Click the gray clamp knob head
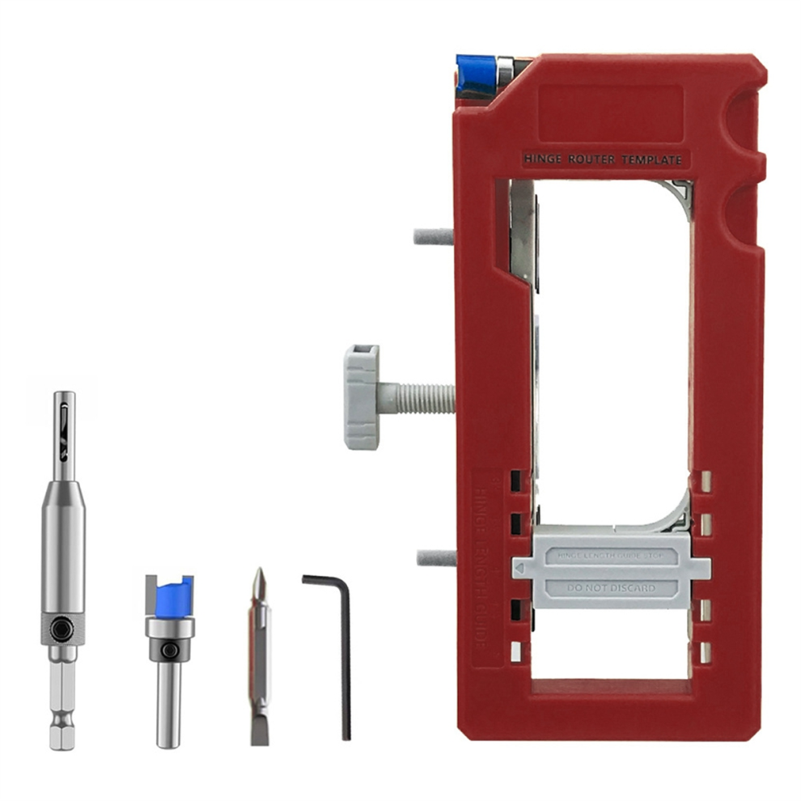[361, 396]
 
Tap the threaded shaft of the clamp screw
[417, 396]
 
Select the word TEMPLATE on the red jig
[651, 160]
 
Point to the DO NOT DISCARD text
[611, 588]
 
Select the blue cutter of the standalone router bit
[169, 595]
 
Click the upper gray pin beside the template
[434, 236]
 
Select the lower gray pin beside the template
[435, 557]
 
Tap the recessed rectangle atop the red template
[611, 112]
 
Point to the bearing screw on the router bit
[168, 650]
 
